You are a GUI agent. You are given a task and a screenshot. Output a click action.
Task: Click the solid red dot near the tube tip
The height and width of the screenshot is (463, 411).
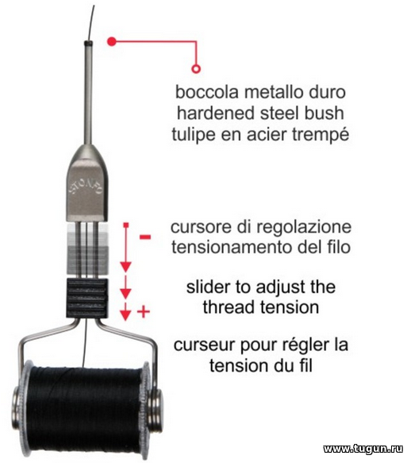click(x=112, y=41)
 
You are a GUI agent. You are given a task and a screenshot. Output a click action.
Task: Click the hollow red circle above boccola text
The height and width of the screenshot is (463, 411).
click(x=196, y=69)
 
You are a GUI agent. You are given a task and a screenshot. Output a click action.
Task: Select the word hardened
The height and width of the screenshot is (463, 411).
click(x=208, y=114)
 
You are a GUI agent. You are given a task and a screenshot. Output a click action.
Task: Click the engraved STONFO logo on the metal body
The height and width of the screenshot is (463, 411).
click(x=86, y=187)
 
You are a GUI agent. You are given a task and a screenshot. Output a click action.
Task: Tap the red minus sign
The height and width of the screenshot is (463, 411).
click(x=145, y=237)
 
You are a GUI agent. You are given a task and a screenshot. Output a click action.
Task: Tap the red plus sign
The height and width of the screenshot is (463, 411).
click(x=144, y=311)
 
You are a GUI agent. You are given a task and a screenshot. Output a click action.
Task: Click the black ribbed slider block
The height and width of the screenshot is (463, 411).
click(x=86, y=299)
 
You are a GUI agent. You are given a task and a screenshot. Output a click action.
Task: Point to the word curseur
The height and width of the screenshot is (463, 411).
click(x=205, y=345)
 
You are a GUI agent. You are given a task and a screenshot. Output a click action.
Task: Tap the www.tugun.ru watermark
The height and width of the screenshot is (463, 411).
click(x=363, y=449)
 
